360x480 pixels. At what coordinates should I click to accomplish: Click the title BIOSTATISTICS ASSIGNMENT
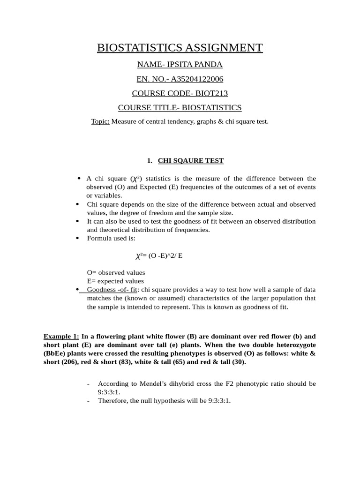[x=180, y=48]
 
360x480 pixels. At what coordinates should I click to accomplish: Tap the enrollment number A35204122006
[x=197, y=79]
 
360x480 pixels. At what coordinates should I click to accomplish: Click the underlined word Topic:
[x=100, y=122]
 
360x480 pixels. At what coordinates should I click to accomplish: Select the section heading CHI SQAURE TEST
[x=191, y=161]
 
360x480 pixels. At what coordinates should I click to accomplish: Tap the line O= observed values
[x=116, y=272]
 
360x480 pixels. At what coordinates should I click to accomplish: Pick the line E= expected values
[x=115, y=281]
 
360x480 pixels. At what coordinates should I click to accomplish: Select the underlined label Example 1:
[x=61, y=336]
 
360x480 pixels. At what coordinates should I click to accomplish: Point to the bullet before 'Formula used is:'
[x=77, y=238]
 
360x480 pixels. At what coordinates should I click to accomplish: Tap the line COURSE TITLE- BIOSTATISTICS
[x=180, y=108]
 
